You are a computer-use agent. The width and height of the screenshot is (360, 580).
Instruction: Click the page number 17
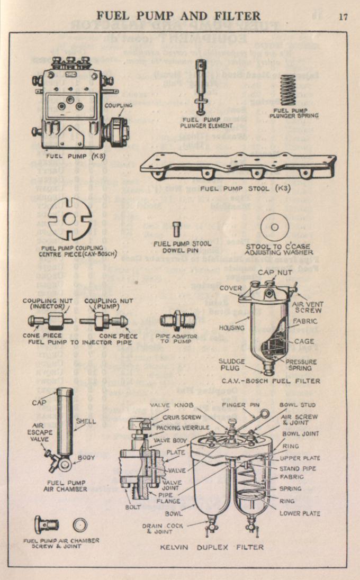coord(343,16)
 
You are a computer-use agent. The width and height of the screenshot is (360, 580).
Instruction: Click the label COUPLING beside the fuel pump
coord(118,105)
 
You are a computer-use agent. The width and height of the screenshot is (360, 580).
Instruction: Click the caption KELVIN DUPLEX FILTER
coord(212,547)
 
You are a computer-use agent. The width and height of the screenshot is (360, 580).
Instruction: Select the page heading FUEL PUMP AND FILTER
coord(178,15)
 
